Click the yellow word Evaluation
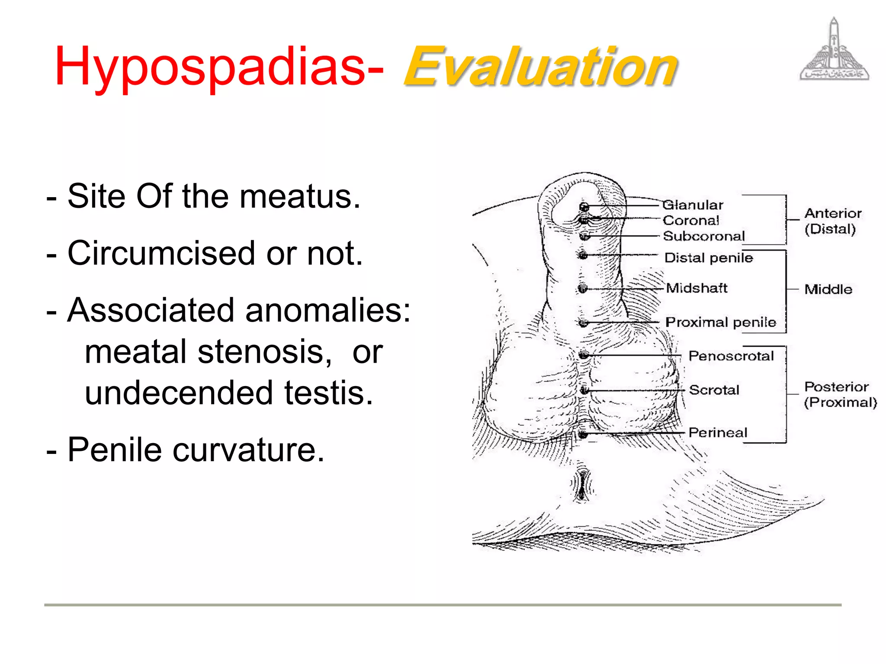coord(541,67)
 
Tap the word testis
coord(328,393)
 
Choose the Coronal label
coord(691,220)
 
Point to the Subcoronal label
coord(704,236)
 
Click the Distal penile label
coord(709,258)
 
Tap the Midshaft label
coord(697,288)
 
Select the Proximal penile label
coord(721,322)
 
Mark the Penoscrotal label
coord(731,356)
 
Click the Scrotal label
coord(714,390)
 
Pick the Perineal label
coord(718,432)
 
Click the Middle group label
coord(828,289)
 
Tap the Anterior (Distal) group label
coord(832,221)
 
